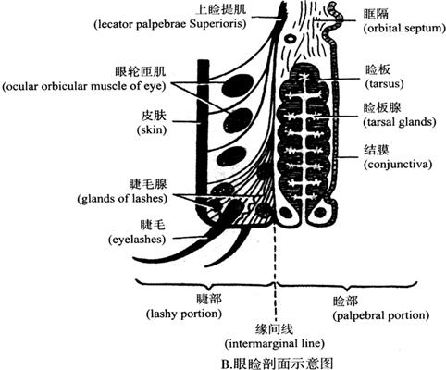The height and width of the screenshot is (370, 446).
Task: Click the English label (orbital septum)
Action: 404,29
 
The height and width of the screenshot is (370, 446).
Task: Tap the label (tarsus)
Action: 384,83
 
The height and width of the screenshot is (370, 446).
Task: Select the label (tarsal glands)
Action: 400,122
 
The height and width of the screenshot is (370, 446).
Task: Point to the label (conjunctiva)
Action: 398,164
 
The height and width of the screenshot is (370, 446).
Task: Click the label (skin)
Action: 152,129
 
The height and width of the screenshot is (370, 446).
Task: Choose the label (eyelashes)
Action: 137,240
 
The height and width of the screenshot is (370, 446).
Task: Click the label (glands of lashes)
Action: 122,199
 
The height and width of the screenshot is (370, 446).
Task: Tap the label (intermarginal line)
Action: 275,343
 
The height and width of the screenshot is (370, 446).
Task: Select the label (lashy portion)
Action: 184,314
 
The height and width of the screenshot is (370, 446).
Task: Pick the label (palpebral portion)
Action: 381,315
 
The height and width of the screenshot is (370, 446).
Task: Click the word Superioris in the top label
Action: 217,24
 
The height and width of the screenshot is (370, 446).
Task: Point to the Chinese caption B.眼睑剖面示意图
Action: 278,364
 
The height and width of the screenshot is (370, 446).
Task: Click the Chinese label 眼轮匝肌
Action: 141,72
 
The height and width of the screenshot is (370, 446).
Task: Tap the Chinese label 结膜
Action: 377,150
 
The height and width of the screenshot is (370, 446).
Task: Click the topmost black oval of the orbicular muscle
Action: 238,85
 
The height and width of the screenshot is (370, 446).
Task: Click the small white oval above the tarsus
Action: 291,39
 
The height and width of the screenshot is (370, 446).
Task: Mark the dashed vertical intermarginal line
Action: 275,275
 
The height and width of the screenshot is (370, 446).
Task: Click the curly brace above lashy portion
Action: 205,284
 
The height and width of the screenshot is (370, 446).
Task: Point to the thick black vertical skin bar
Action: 203,139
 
